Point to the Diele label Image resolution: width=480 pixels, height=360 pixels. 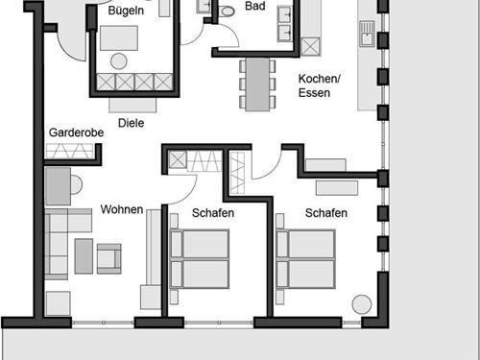click(131, 123)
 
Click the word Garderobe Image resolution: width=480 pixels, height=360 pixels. click(71, 132)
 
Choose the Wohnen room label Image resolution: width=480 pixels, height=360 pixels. click(121, 209)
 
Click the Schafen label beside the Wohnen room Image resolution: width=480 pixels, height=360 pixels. click(212, 213)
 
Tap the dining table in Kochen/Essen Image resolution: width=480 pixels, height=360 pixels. click(257, 84)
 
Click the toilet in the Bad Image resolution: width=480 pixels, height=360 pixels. click(228, 11)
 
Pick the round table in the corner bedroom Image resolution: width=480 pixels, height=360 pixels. click(362, 304)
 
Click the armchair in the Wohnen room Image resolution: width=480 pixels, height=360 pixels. click(108, 256)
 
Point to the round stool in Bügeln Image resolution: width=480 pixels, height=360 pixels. click(119, 61)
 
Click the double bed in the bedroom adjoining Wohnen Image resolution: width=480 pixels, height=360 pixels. click(199, 258)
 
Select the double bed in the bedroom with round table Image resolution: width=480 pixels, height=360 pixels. click(305, 258)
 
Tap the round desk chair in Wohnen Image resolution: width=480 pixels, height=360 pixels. click(75, 184)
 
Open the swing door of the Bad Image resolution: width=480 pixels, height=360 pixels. click(226, 38)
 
